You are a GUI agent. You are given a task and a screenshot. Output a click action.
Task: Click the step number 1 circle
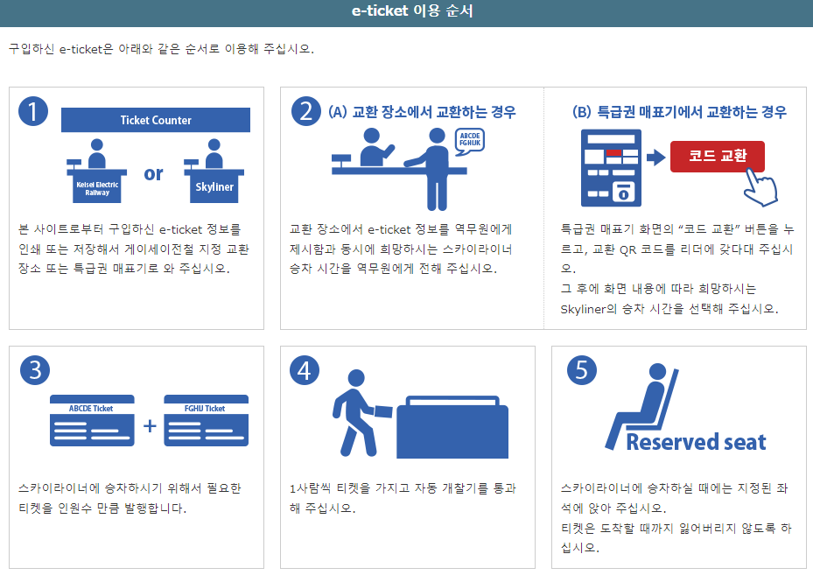point(33,111)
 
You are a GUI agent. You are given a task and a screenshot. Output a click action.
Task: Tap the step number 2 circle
point(305,111)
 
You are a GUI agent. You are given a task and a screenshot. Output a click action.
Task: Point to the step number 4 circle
point(305,370)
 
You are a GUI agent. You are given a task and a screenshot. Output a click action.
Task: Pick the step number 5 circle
point(581,370)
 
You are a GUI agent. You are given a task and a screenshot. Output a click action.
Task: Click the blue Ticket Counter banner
point(156,120)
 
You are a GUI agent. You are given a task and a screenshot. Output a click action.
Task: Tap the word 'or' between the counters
point(153,173)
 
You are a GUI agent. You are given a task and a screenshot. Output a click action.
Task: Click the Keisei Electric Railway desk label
point(97,188)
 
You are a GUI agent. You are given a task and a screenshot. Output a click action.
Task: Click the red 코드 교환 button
point(718,156)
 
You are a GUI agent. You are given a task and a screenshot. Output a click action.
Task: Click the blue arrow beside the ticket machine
point(655,158)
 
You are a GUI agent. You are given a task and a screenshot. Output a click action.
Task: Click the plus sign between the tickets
point(150,427)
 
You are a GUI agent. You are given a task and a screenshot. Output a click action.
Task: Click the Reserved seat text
point(696,442)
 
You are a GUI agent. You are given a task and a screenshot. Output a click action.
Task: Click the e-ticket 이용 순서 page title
point(406,11)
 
